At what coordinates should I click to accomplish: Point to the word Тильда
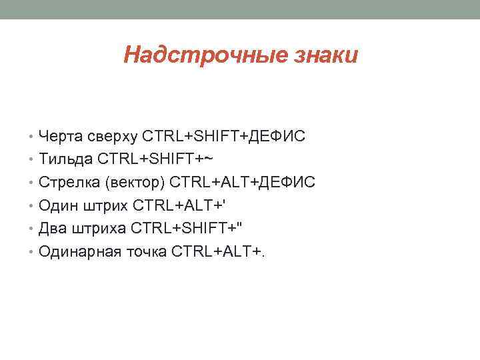click(66, 159)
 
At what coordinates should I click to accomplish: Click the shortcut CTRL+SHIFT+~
click(155, 159)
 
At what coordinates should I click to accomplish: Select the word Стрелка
click(69, 182)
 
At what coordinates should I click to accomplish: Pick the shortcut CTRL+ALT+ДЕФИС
click(243, 182)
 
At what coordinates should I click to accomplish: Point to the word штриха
click(96, 228)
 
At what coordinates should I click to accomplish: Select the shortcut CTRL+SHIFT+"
click(187, 228)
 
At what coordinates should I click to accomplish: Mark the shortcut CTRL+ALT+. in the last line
click(217, 251)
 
